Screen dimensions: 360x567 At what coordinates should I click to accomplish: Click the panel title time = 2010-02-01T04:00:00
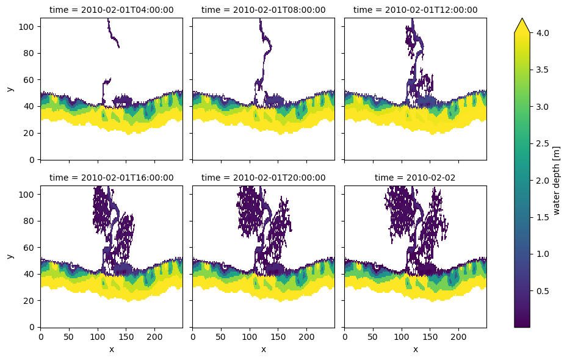pos(111,10)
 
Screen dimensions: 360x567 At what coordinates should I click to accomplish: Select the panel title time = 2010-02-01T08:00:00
pos(263,10)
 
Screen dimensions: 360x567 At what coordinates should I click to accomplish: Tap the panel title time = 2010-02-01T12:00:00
pos(415,10)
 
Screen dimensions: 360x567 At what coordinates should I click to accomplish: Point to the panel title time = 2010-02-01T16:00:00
pos(111,178)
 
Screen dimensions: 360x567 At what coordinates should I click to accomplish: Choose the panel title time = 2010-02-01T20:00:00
pos(263,178)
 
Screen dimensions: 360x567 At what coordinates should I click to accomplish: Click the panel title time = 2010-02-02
pos(415,178)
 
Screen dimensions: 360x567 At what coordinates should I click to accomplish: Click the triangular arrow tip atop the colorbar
pos(522,24)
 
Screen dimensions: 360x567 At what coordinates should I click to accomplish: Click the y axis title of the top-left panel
pos(10,88)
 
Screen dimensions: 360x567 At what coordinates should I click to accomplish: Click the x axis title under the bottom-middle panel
pos(263,350)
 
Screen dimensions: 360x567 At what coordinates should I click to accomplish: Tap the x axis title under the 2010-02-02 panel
pos(415,350)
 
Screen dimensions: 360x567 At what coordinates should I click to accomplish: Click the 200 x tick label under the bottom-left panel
pos(154,337)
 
